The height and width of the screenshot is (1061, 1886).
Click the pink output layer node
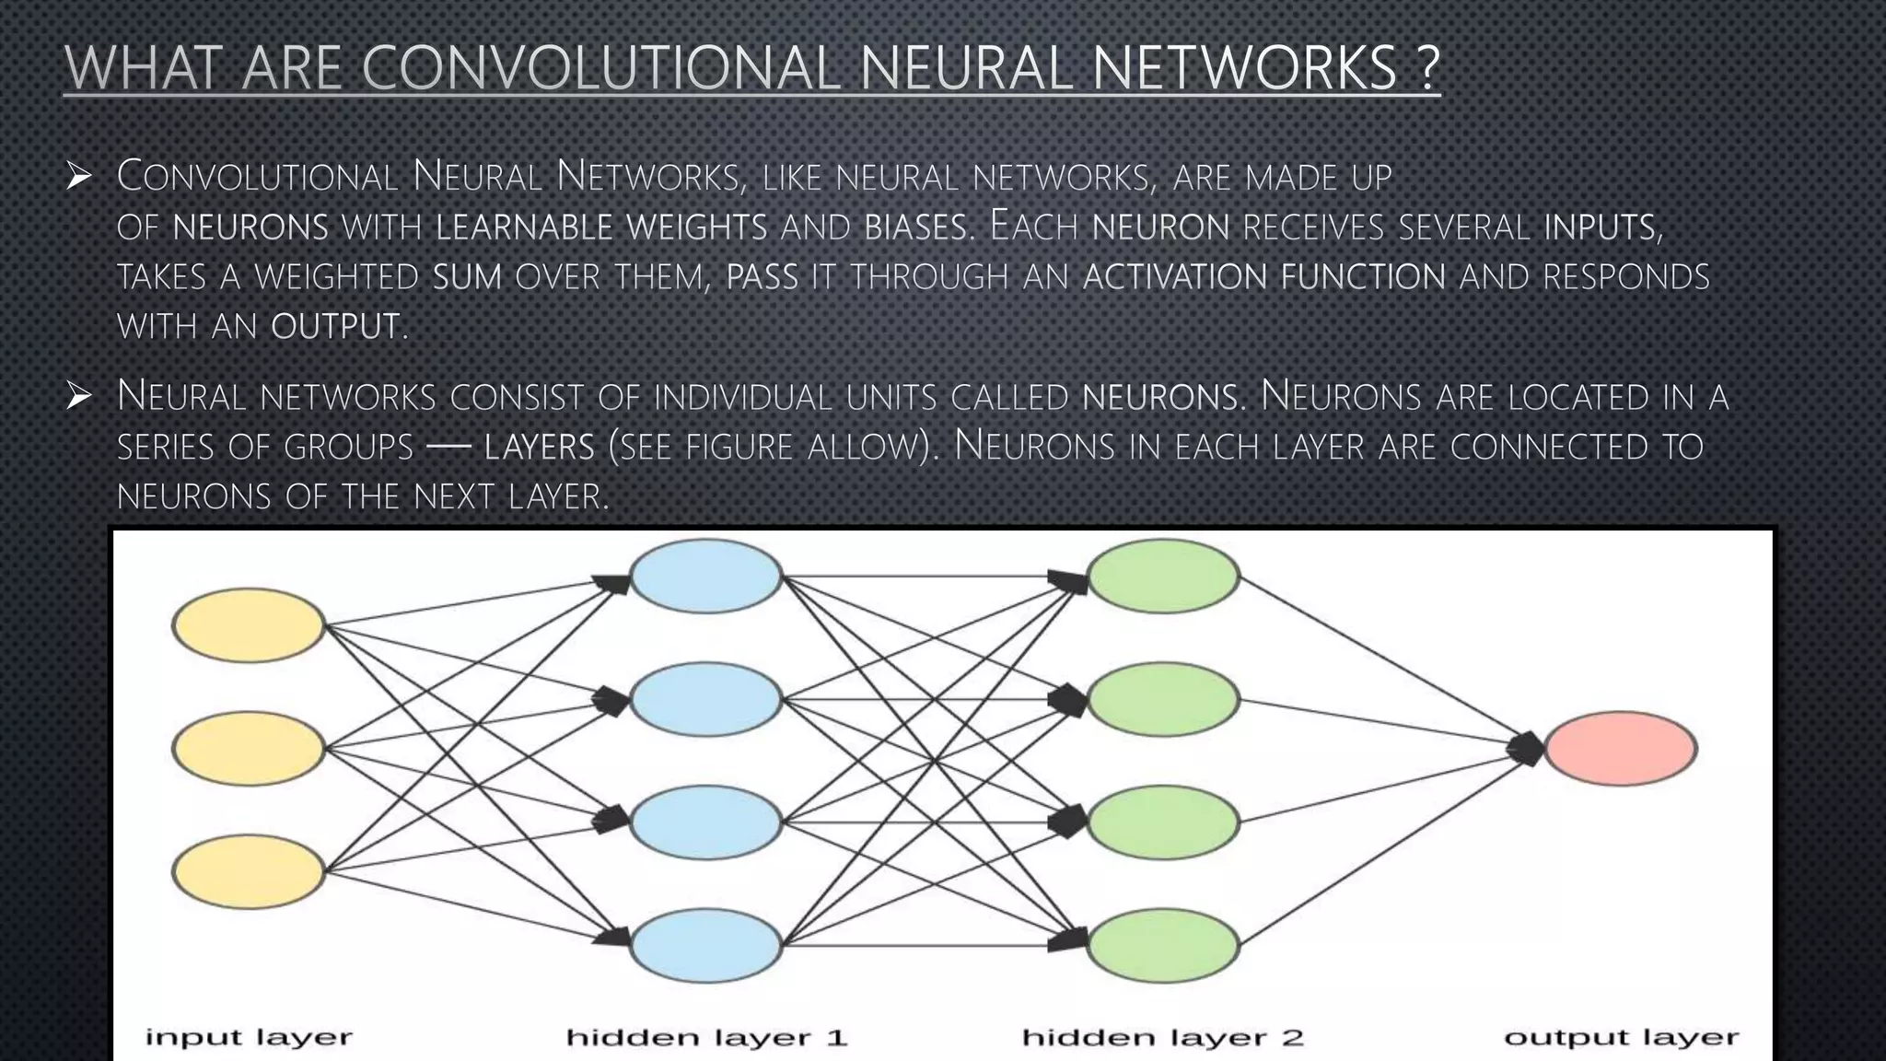[x=1620, y=748]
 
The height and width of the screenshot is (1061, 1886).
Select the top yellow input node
[x=249, y=625]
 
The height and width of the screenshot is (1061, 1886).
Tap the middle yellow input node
[x=249, y=748]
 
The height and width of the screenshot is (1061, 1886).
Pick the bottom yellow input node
[x=249, y=871]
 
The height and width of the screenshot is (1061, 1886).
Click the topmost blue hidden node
[x=706, y=577]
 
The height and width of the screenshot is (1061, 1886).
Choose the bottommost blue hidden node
[x=706, y=945]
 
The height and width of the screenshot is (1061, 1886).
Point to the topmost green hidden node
[x=1163, y=577]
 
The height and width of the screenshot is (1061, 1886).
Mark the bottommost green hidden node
[x=1163, y=945]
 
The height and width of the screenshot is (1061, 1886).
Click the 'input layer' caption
[x=249, y=1038]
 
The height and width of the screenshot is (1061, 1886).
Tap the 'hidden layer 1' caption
[x=706, y=1038]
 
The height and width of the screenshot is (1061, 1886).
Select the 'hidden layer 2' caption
[x=1163, y=1038]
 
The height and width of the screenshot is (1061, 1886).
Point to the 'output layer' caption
[x=1621, y=1038]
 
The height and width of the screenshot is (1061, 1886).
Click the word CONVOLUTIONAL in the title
[x=602, y=67]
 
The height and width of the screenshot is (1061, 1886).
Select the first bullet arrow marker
[x=79, y=176]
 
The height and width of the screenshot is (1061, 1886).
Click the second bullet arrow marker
[x=79, y=397]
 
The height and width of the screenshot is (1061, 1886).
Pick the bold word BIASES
[x=916, y=227]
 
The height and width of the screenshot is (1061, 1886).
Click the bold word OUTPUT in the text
[x=335, y=326]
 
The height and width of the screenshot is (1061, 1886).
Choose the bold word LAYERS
[x=540, y=448]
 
